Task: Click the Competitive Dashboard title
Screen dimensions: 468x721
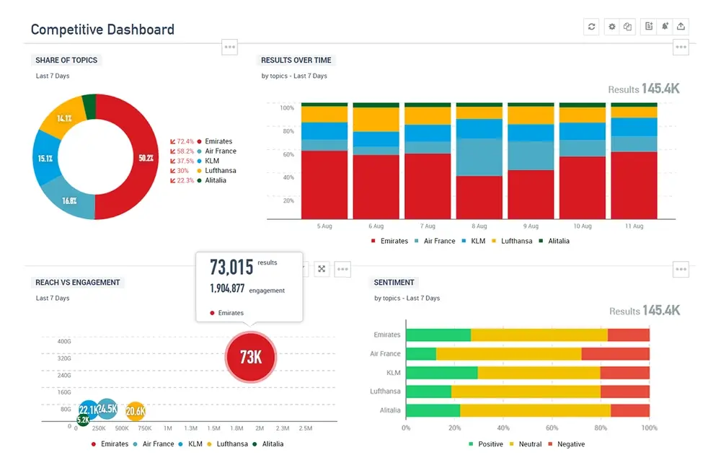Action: click(x=102, y=30)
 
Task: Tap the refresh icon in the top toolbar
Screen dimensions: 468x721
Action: click(x=591, y=27)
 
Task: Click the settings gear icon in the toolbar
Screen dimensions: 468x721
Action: click(x=611, y=27)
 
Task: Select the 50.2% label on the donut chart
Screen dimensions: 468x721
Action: click(x=146, y=157)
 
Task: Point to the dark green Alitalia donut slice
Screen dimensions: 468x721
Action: click(x=89, y=106)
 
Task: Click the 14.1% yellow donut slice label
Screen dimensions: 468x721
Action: click(x=64, y=118)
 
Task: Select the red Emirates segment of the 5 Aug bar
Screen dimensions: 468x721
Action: click(x=324, y=184)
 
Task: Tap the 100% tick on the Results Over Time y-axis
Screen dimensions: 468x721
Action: click(x=286, y=108)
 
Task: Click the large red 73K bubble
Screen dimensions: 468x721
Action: click(x=250, y=356)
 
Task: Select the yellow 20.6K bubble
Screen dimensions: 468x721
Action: click(x=135, y=411)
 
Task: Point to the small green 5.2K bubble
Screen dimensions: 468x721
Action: click(x=83, y=420)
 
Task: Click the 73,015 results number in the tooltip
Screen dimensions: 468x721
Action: click(x=231, y=267)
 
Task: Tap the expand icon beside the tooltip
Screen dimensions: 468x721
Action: click(x=322, y=269)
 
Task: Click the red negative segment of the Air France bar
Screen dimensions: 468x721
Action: click(x=615, y=354)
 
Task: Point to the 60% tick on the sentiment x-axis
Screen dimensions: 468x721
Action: click(x=552, y=428)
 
